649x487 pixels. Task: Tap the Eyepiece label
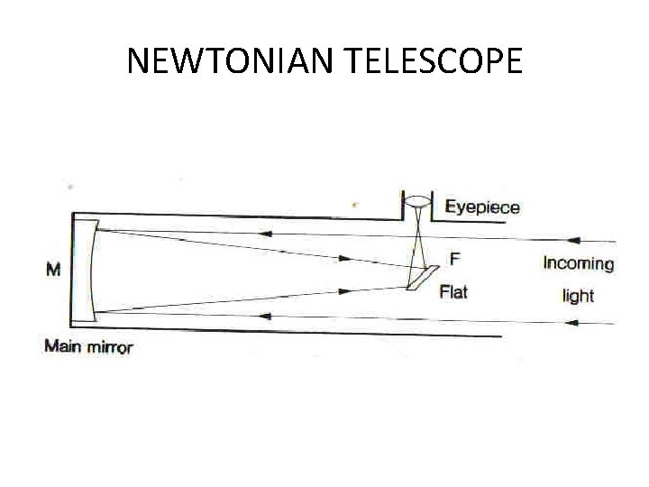(x=482, y=207)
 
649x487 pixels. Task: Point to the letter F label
(x=454, y=260)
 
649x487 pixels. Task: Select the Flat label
(x=452, y=291)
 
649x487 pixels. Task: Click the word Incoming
(x=578, y=264)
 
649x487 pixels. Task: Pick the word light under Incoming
(x=578, y=296)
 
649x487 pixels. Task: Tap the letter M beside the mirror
(x=52, y=269)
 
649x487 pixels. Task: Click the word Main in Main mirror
(x=63, y=346)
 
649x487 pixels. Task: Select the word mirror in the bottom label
(x=109, y=346)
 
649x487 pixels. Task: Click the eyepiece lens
(x=417, y=201)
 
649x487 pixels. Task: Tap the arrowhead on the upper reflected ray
(x=343, y=259)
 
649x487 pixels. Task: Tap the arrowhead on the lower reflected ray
(x=343, y=291)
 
